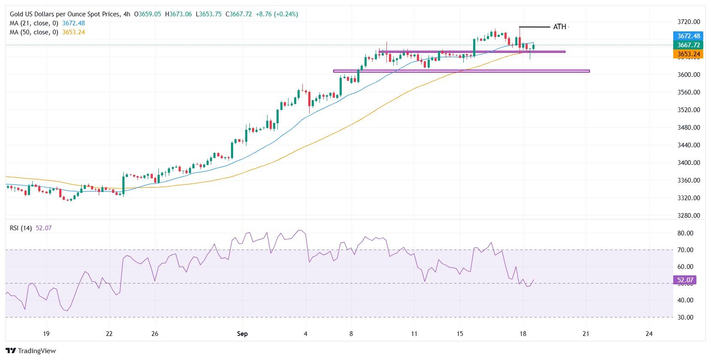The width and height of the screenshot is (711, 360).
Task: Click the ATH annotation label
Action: click(x=559, y=27)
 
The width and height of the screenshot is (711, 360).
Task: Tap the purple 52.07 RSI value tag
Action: click(x=685, y=281)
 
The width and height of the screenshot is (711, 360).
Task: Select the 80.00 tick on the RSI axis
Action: click(x=685, y=233)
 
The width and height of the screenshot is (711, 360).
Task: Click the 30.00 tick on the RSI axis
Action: click(x=685, y=317)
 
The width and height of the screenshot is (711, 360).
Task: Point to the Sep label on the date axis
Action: click(x=242, y=334)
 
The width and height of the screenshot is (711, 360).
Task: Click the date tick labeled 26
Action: click(x=155, y=334)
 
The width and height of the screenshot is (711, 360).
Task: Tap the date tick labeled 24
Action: click(x=649, y=334)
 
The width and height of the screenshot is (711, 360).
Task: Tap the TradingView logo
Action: click(x=31, y=351)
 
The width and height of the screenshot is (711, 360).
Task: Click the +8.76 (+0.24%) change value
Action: click(x=276, y=14)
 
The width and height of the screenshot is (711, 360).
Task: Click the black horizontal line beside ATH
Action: click(x=535, y=27)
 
